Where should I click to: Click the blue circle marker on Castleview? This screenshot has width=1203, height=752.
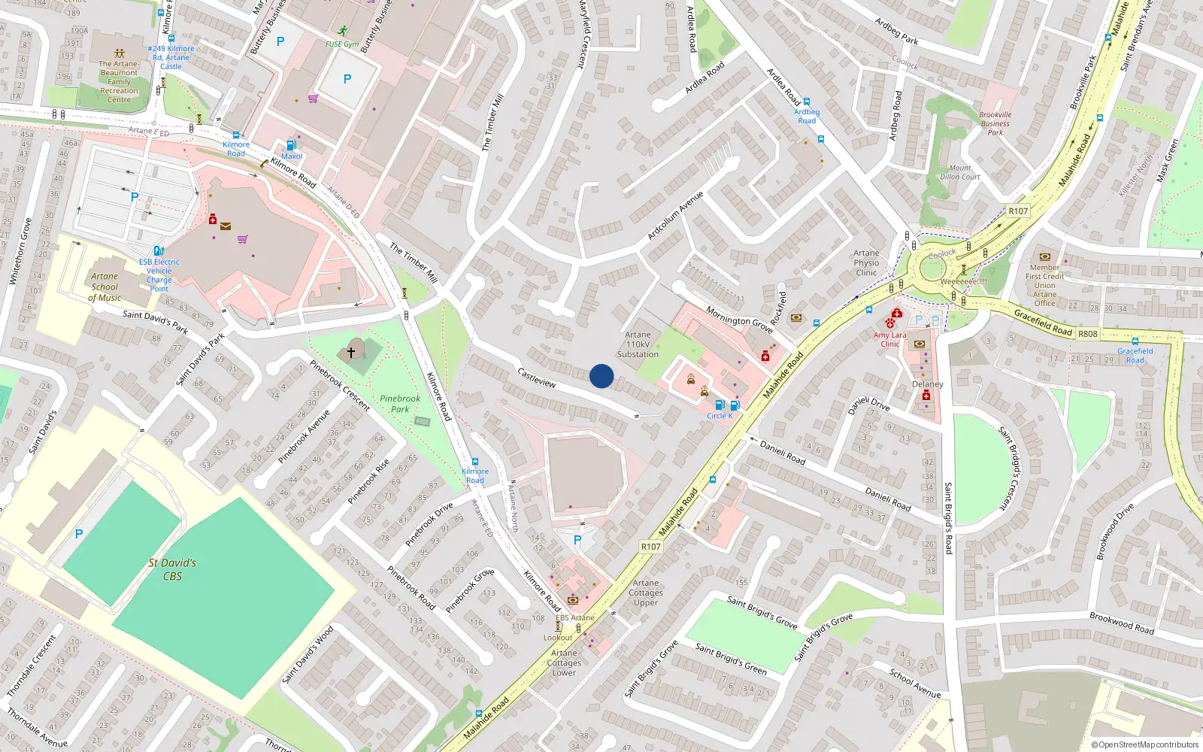click(601, 376)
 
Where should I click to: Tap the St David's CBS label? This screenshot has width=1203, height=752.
click(172, 569)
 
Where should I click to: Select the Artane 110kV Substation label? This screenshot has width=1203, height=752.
click(638, 344)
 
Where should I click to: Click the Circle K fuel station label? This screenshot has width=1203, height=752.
click(720, 416)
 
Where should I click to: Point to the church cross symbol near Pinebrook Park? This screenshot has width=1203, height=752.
click(350, 352)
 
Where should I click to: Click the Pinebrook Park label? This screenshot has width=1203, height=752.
click(400, 404)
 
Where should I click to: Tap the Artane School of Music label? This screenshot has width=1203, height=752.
click(105, 287)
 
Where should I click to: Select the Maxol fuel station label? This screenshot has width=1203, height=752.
click(292, 156)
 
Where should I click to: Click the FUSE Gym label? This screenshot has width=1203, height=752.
click(342, 44)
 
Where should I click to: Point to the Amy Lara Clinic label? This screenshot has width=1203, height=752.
click(890, 339)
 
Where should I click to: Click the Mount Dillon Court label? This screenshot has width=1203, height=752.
click(960, 172)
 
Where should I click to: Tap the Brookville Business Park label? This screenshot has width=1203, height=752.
click(995, 123)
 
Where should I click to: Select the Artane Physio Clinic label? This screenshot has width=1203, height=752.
click(866, 263)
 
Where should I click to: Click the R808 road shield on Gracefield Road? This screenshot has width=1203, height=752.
click(1087, 333)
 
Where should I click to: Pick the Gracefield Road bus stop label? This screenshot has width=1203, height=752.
click(1135, 355)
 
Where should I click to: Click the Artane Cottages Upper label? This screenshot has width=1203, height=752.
click(646, 593)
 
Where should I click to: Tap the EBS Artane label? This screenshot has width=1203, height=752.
click(575, 617)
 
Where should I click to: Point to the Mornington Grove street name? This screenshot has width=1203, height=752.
click(739, 320)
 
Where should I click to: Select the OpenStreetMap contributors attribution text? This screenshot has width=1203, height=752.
click(1145, 744)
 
